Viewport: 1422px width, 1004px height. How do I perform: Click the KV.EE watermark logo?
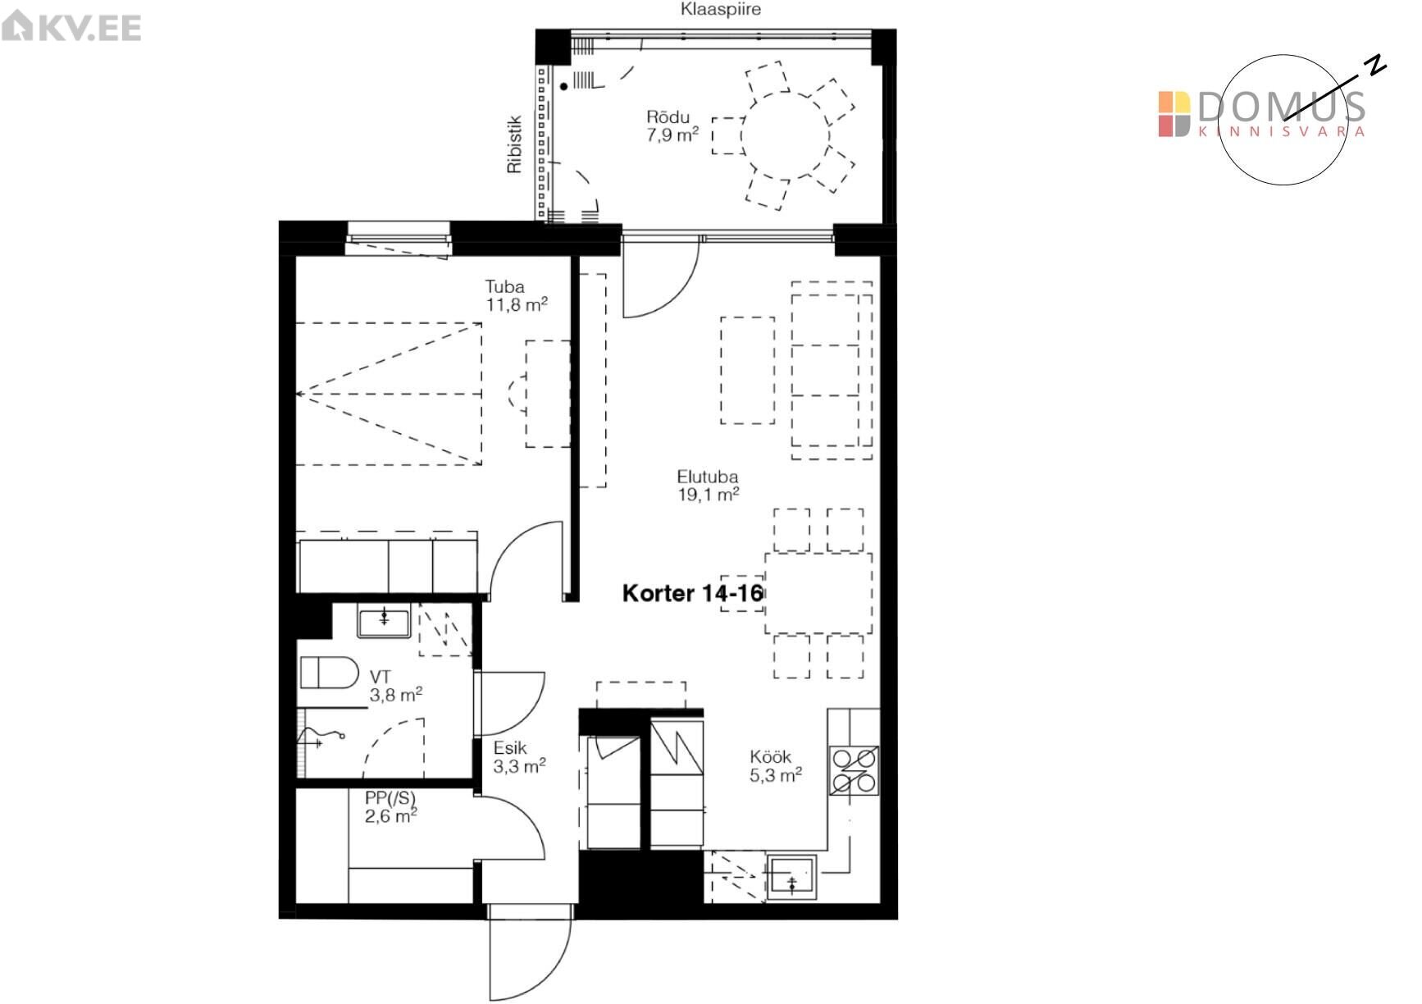coord(71,27)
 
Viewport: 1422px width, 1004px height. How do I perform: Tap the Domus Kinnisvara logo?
coord(1261,114)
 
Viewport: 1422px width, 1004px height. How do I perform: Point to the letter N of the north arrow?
coord(1375,65)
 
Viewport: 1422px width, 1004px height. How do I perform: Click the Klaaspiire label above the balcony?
coord(720,10)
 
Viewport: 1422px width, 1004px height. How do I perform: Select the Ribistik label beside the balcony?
coord(514,144)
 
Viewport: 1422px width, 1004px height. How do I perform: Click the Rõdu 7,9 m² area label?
coord(672,126)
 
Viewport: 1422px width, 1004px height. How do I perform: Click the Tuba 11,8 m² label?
coord(516,295)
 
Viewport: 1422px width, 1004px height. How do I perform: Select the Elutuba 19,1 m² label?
coord(708,485)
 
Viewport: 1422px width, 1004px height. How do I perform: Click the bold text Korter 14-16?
coord(693,593)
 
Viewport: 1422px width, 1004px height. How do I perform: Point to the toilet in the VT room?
coord(329,673)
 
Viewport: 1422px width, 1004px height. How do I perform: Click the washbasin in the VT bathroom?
coord(384,621)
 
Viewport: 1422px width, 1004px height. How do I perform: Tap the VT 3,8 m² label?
coord(395,687)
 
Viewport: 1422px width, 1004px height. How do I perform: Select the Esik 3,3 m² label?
coord(519,757)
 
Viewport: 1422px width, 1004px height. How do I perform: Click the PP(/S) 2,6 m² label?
coord(391,806)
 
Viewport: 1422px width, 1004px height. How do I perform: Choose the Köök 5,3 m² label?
coord(775,766)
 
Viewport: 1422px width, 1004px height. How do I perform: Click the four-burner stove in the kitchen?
coord(855,771)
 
